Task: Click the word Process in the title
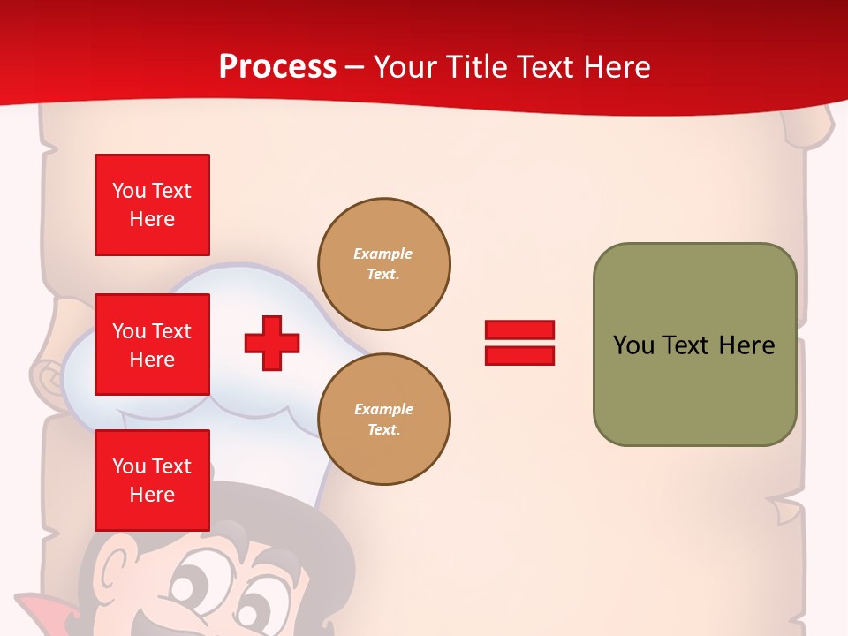click(x=277, y=66)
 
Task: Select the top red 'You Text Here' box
click(x=152, y=205)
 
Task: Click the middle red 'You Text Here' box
click(x=152, y=344)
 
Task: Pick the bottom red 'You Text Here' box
click(x=152, y=480)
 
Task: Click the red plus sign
click(x=272, y=343)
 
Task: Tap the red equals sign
click(x=519, y=343)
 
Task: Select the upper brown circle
click(x=383, y=264)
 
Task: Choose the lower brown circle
click(x=383, y=420)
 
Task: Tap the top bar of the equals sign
click(x=519, y=329)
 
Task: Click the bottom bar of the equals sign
click(x=519, y=355)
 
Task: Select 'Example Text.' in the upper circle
click(x=383, y=264)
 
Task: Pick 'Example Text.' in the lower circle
click(x=383, y=420)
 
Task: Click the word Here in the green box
click(x=746, y=345)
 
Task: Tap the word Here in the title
click(x=614, y=67)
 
